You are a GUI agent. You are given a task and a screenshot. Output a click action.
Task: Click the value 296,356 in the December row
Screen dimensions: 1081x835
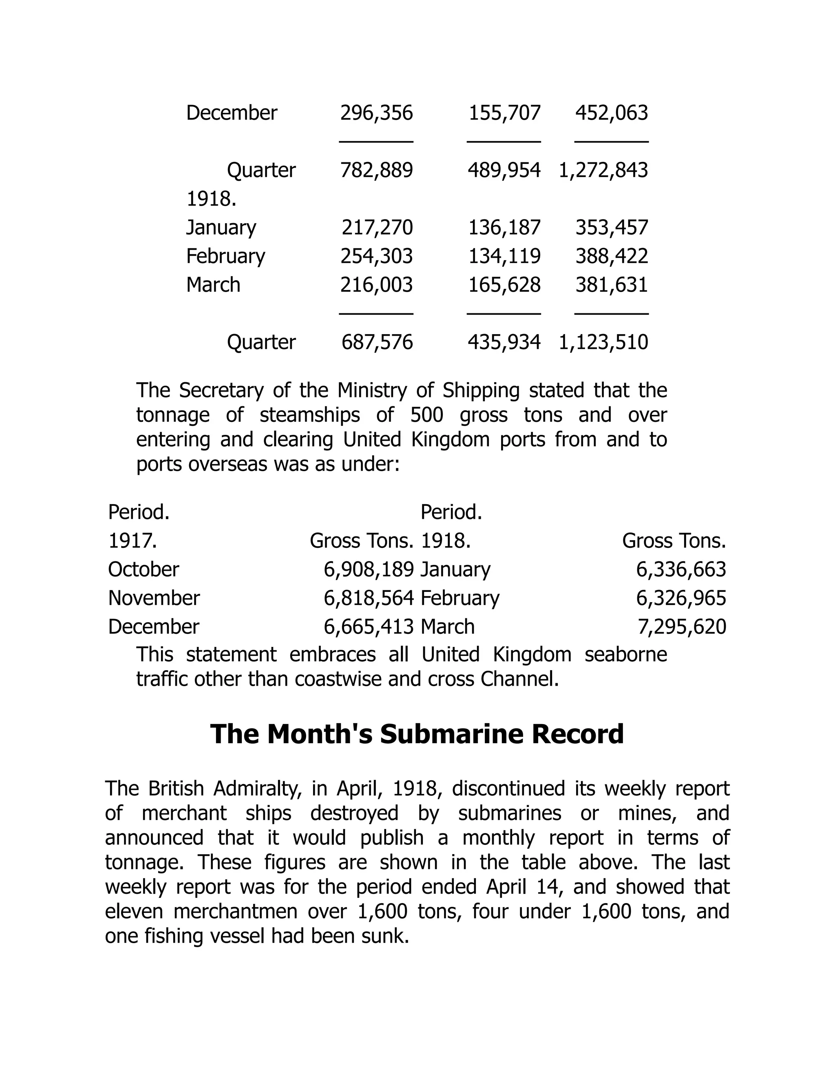point(376,113)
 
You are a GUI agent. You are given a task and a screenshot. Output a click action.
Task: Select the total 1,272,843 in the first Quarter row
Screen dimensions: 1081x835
point(603,170)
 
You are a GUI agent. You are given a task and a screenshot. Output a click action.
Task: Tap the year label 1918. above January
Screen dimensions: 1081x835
point(211,199)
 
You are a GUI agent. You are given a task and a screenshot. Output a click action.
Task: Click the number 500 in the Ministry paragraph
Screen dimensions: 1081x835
point(426,415)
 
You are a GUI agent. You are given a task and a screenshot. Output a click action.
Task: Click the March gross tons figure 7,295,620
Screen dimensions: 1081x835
point(681,627)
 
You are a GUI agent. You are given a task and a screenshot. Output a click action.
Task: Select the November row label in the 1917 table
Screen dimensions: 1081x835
point(154,598)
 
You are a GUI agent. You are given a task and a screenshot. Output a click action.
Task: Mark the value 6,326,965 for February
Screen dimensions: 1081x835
point(680,598)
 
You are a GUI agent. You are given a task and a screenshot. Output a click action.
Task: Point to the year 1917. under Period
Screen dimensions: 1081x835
point(133,541)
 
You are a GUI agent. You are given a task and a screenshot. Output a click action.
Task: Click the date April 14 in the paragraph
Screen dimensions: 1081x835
point(525,887)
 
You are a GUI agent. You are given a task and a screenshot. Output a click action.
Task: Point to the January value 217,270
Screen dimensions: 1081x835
point(377,228)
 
